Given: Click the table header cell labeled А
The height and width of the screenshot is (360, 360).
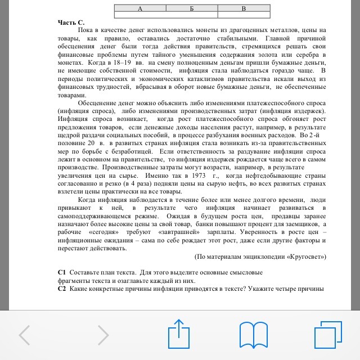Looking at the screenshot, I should click(139, 8).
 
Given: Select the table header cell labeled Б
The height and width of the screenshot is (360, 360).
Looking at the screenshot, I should click(191, 8).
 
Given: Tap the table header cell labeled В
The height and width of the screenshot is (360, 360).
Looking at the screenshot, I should click(244, 8).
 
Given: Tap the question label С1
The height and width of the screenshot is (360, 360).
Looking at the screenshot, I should click(62, 272).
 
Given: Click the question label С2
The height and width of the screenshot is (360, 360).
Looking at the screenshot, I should click(62, 289).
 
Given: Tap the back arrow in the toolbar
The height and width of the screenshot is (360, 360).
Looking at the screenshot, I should click(25, 335).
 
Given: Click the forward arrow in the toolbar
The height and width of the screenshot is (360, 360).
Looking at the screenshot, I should click(103, 335).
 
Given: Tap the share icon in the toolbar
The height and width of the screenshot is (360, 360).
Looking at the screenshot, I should click(178, 333).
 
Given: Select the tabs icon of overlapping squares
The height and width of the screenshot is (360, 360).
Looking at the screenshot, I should click(327, 335).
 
